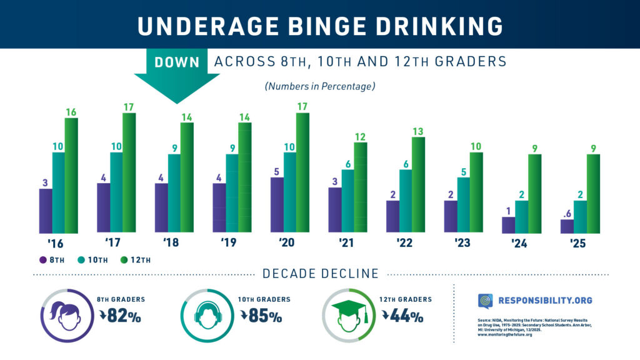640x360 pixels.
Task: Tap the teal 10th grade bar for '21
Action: click(348, 201)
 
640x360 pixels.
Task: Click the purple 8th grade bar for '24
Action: click(508, 225)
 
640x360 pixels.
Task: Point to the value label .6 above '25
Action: click(566, 212)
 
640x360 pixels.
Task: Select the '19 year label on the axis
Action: click(228, 242)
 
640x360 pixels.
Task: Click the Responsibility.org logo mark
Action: click(486, 301)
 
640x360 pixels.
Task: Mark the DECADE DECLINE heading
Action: click(321, 274)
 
